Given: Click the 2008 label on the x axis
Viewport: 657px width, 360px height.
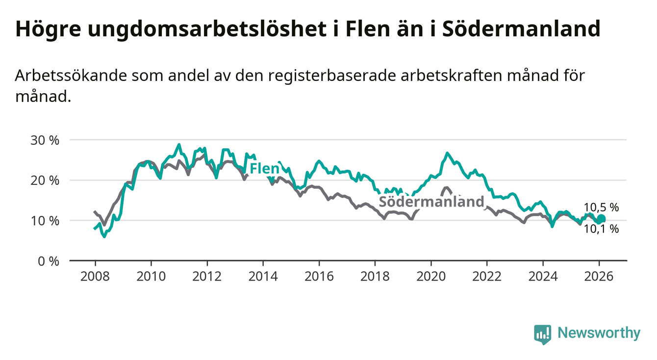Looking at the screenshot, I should click(x=95, y=276).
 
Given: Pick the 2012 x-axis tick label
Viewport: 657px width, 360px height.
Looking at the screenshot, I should click(x=207, y=276).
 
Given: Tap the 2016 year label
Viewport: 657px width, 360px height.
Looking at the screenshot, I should click(x=319, y=276).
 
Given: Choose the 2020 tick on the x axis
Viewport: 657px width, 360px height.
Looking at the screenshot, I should click(x=430, y=276).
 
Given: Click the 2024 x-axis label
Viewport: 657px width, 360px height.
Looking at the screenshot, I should click(x=543, y=276).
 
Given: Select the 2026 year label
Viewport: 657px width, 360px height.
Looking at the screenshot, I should click(x=599, y=276).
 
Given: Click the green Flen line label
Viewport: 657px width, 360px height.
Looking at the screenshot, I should click(x=264, y=169).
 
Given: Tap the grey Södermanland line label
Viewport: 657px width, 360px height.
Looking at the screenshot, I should click(x=431, y=202).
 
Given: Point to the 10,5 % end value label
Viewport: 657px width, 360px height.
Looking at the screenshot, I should click(x=601, y=207).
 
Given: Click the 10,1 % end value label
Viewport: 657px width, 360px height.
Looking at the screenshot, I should click(x=601, y=229).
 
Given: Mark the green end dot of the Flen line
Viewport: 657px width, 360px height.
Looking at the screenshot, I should click(x=601, y=219).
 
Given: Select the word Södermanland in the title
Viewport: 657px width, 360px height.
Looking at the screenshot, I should click(x=521, y=29).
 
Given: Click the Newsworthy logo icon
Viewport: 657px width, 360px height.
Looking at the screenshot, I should click(x=542, y=334).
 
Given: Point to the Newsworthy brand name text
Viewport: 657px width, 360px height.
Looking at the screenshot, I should click(x=599, y=334).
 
